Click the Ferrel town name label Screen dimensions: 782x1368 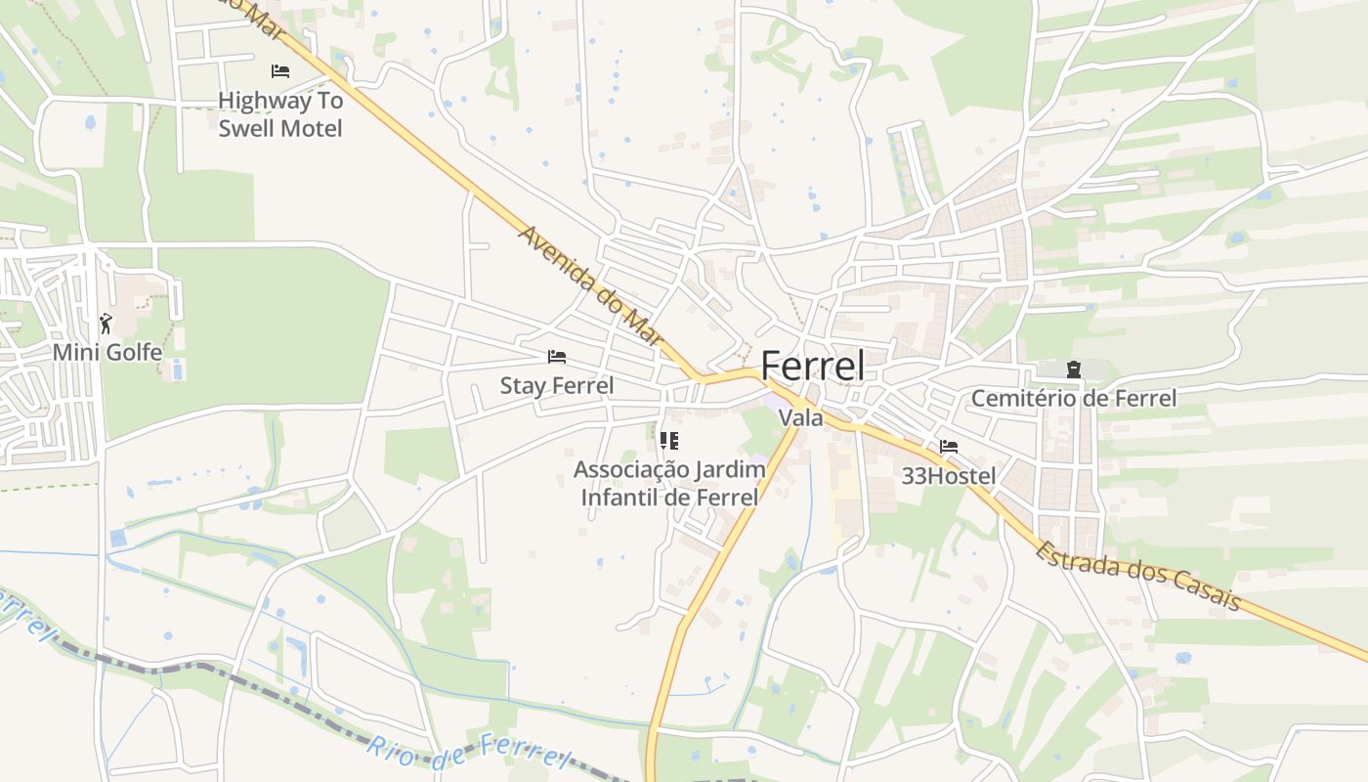[812, 366]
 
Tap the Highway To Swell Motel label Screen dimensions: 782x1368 [280, 114]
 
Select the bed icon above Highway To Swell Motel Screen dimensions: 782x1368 [280, 70]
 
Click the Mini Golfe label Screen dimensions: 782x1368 [107, 352]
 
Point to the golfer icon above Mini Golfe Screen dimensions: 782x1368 [107, 323]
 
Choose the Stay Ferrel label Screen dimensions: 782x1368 [557, 386]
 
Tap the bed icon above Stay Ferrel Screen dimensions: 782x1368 [557, 357]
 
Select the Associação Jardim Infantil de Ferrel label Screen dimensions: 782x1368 [669, 483]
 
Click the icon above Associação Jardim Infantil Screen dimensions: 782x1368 [668, 441]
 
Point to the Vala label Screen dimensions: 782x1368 [800, 418]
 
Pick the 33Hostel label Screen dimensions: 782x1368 [949, 477]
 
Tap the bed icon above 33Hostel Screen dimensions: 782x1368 [948, 447]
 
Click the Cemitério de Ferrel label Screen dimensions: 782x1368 [1073, 399]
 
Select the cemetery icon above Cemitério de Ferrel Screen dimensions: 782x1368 [1074, 369]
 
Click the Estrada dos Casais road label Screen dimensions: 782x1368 [1139, 576]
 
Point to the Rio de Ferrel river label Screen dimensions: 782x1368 [468, 753]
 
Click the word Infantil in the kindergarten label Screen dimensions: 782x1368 [634, 498]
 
